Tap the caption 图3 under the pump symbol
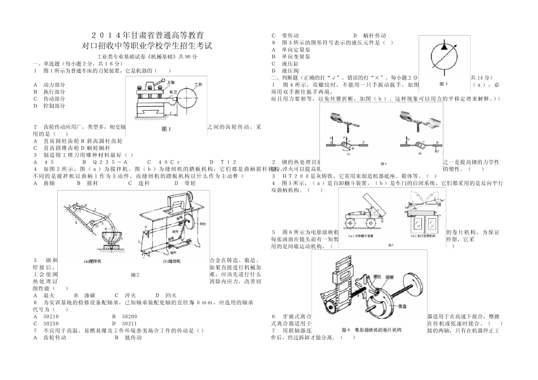[x=443, y=83]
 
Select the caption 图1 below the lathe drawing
[x=166, y=129]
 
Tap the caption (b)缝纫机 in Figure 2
[x=171, y=261]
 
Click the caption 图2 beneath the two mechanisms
[x=134, y=274]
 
